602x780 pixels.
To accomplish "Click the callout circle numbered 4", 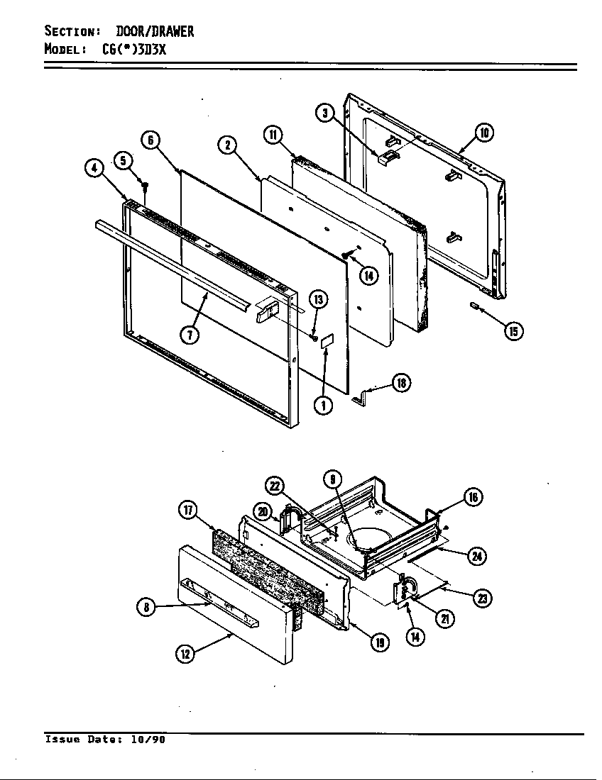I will pos(94,169).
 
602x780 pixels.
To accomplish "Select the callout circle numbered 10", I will pos(484,133).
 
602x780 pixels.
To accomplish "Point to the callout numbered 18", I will pos(401,384).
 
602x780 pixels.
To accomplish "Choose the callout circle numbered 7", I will pos(189,335).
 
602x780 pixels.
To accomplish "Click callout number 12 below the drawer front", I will pos(185,654).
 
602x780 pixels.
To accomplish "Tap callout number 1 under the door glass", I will pos(323,406).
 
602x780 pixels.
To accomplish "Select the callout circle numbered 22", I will pos(275,485).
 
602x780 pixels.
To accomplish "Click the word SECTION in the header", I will pos(70,31).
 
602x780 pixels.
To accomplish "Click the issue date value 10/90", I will pos(148,740).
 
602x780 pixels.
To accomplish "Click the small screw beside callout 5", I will pos(145,186).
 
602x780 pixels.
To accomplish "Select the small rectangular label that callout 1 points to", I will pos(327,341).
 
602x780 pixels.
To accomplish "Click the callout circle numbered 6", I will pos(150,140).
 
